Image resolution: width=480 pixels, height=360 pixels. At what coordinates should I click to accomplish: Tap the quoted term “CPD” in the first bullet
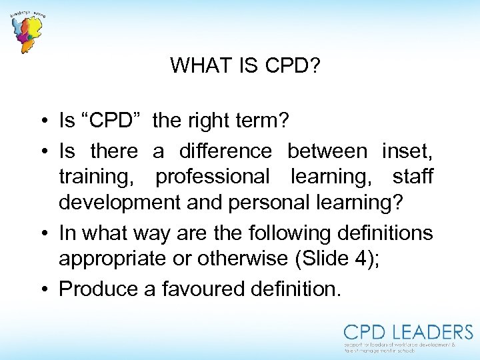(112, 121)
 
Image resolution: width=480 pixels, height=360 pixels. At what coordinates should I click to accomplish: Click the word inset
(407, 151)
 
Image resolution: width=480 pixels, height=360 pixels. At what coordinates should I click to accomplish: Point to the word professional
(212, 177)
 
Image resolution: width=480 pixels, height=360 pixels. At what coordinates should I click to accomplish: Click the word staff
(413, 177)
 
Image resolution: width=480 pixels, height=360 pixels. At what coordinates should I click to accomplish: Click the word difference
(225, 151)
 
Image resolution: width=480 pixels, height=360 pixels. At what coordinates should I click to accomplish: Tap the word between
(327, 151)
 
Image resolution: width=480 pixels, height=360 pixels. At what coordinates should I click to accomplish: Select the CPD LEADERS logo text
(407, 332)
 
